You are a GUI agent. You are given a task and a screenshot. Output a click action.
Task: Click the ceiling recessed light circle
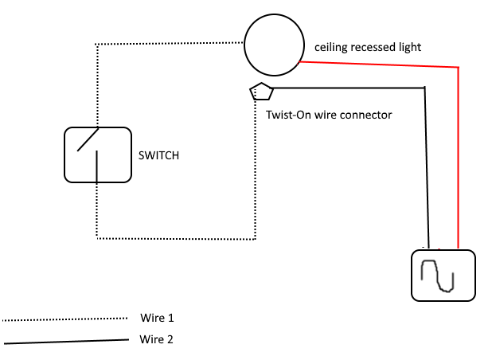[274, 45]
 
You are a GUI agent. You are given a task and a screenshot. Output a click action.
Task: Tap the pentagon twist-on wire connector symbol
[260, 91]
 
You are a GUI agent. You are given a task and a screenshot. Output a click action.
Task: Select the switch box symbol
[97, 154]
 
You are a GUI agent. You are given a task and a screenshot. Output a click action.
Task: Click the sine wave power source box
[443, 275]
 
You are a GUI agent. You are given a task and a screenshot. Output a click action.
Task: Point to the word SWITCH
[159, 156]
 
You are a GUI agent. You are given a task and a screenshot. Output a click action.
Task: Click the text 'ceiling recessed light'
[368, 48]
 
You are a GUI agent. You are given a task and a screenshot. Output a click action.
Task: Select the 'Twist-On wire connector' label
[329, 115]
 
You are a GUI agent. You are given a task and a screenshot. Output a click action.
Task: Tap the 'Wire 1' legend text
[156, 318]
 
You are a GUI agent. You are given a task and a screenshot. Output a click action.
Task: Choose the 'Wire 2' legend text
[156, 338]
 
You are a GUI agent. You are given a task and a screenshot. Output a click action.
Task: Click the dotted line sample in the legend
[64, 319]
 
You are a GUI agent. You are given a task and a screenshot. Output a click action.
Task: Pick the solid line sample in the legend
[64, 342]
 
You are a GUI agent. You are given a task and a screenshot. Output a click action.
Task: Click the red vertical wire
[459, 159]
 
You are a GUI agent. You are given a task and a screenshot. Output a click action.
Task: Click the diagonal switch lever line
[88, 140]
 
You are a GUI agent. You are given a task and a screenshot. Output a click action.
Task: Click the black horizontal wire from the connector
[350, 88]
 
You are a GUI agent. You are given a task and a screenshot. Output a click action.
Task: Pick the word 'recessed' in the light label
[369, 48]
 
